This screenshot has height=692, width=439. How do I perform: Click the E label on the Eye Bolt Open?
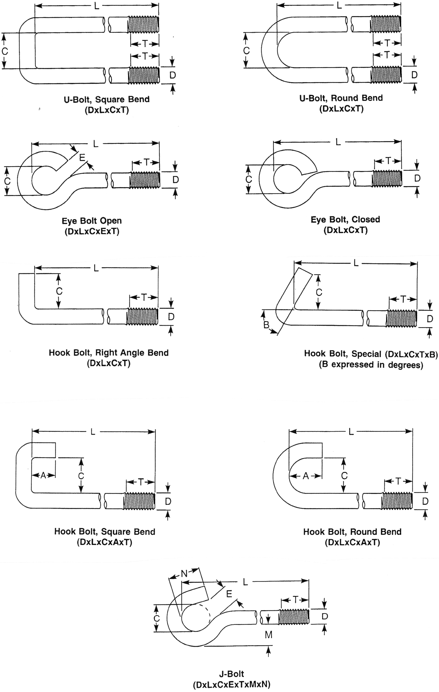coord(82,157)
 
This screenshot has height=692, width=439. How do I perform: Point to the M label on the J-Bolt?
coord(268,634)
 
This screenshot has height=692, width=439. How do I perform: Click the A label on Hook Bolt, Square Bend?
coord(43,476)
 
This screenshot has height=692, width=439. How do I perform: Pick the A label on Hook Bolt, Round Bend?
coord(306,476)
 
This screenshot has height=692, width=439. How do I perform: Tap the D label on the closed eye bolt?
coord(417,178)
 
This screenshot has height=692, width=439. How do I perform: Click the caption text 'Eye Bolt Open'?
coord(92,221)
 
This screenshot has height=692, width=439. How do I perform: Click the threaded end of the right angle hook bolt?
coord(142,316)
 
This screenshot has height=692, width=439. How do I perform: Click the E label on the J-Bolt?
coord(229,594)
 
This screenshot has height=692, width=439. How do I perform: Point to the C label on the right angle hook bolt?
coord(59,291)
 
